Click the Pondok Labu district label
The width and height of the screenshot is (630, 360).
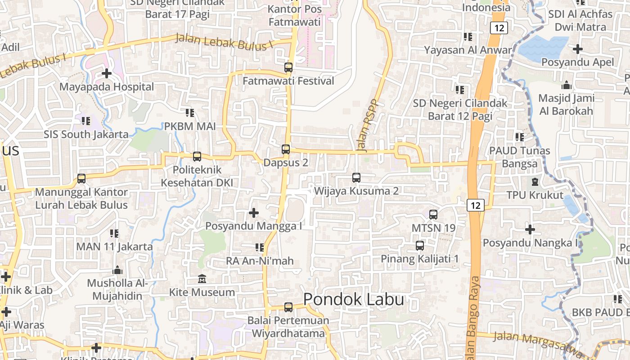(354, 300)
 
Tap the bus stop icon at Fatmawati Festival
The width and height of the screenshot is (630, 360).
(288, 68)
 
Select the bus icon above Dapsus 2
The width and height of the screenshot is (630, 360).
(286, 149)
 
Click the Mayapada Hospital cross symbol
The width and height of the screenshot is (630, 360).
(107, 73)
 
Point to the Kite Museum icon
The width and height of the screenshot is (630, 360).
(202, 279)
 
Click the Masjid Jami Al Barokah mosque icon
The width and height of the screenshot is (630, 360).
(567, 85)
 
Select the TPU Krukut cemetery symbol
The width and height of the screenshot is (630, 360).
(535, 182)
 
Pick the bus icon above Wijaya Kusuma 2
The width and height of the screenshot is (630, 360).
(356, 178)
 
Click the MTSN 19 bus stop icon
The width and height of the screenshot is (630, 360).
(433, 215)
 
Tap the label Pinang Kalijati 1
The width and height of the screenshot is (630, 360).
(419, 259)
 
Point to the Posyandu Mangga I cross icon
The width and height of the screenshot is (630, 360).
(254, 212)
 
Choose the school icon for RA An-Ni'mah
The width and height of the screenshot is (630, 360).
(260, 247)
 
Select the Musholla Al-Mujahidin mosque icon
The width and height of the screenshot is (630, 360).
(117, 270)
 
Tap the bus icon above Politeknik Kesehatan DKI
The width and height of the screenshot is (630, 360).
(197, 157)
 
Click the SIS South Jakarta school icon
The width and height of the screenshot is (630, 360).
(86, 121)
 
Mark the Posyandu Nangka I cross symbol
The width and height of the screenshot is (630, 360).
(530, 229)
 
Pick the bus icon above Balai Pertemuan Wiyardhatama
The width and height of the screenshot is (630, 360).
(288, 308)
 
